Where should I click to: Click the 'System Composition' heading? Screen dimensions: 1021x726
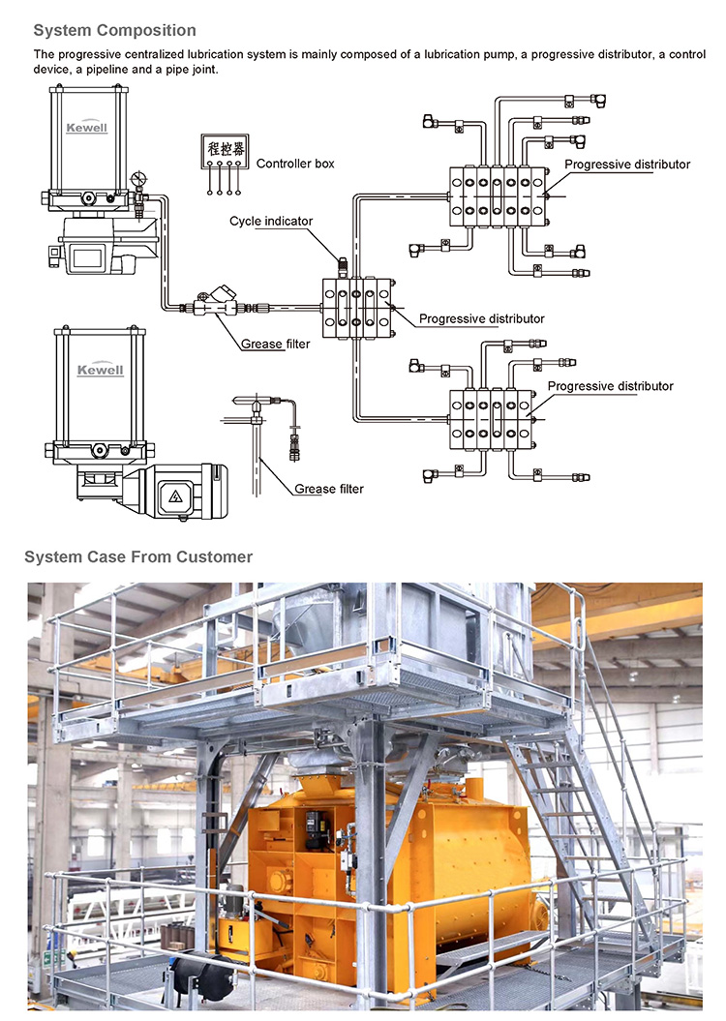click(x=114, y=31)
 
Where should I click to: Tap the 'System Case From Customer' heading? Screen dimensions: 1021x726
click(x=137, y=556)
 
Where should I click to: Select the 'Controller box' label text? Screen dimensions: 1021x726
click(x=295, y=164)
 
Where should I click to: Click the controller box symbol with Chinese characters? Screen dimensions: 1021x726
click(x=223, y=151)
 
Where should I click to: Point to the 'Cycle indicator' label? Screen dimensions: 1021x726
click(x=271, y=222)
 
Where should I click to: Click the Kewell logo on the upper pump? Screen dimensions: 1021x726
click(x=86, y=127)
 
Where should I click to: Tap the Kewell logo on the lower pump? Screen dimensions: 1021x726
click(x=100, y=370)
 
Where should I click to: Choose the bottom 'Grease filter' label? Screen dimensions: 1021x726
click(x=329, y=489)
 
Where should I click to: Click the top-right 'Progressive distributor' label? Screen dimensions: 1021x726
click(x=627, y=165)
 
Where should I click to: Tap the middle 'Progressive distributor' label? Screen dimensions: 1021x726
click(x=481, y=318)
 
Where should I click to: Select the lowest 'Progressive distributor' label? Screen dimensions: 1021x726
click(x=610, y=386)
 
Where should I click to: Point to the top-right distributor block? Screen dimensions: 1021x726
click(x=496, y=194)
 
